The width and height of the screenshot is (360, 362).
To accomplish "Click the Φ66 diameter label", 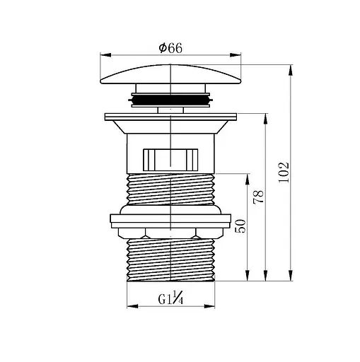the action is [x=170, y=48].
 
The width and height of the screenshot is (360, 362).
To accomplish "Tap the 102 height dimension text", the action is [x=284, y=173].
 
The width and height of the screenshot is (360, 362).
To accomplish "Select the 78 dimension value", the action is [x=258, y=197].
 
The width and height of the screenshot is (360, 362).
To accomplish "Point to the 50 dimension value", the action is [x=240, y=226].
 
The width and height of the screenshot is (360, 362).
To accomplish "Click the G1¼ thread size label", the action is [x=170, y=298].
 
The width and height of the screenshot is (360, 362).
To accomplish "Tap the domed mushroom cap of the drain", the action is [x=170, y=74].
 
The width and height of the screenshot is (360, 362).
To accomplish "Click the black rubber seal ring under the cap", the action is [x=170, y=100].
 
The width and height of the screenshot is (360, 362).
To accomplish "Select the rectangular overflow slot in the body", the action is [x=170, y=160].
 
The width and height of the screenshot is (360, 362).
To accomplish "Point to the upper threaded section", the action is [x=170, y=189].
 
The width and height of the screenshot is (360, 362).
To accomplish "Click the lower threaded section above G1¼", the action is [x=170, y=259].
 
